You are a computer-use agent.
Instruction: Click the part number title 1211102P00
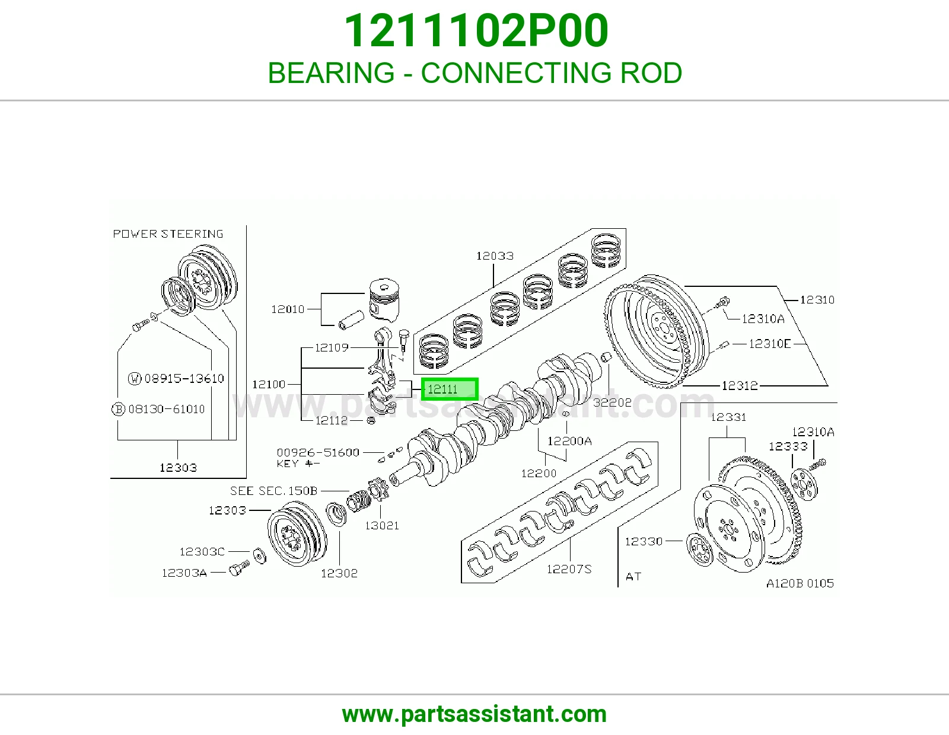pyautogui.click(x=476, y=30)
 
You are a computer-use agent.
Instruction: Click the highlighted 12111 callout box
pyautogui.click(x=450, y=389)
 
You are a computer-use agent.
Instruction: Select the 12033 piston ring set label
pyautogui.click(x=495, y=255)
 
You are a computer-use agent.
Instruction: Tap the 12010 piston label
pyautogui.click(x=288, y=309)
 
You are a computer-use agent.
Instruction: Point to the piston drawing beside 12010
pyautogui.click(x=384, y=301)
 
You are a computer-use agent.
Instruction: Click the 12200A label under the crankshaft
pyautogui.click(x=569, y=441)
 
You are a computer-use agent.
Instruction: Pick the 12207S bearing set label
pyautogui.click(x=569, y=568)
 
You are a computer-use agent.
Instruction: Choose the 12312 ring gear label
pyautogui.click(x=740, y=385)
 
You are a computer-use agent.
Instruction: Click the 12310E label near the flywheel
pyautogui.click(x=770, y=344)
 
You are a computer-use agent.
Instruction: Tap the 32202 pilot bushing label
pyautogui.click(x=612, y=402)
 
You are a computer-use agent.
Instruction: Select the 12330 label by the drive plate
pyautogui.click(x=644, y=541)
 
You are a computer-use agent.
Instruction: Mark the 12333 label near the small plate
pyautogui.click(x=788, y=446)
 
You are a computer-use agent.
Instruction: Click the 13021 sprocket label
pyautogui.click(x=382, y=526)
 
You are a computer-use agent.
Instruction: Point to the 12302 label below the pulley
pyautogui.click(x=339, y=573)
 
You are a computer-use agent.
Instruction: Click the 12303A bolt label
pyautogui.click(x=184, y=573)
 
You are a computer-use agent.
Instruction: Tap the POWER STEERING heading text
pyautogui.click(x=168, y=234)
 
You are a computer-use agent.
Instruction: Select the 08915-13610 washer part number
pyautogui.click(x=184, y=378)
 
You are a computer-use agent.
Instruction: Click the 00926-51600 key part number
pyautogui.click(x=318, y=453)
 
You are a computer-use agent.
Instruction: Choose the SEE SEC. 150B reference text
pyautogui.click(x=274, y=491)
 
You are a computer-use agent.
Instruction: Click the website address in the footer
pyautogui.click(x=474, y=714)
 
